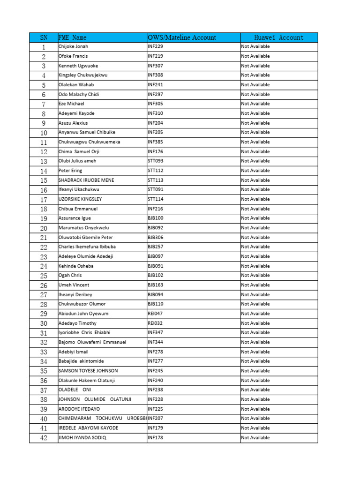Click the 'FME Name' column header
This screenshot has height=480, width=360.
pos(72,37)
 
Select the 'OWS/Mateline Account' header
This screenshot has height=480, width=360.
pos(182,37)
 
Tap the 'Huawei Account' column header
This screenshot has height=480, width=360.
pos(279,37)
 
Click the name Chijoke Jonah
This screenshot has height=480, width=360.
pos(73,47)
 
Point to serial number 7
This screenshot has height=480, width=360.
pos(44,104)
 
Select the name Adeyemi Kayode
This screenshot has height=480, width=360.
pos(76,113)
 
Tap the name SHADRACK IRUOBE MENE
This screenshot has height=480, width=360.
pos(86,180)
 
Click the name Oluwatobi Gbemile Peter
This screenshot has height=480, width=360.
pos(86,237)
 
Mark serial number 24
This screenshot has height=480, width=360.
pos(44,266)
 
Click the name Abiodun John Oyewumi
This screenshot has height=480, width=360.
pos(84,314)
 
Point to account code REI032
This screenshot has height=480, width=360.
pos(155,323)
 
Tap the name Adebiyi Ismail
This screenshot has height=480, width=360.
pos(74,352)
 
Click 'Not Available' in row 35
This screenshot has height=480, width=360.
pos(255,371)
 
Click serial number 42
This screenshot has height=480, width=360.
pos(44,437)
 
